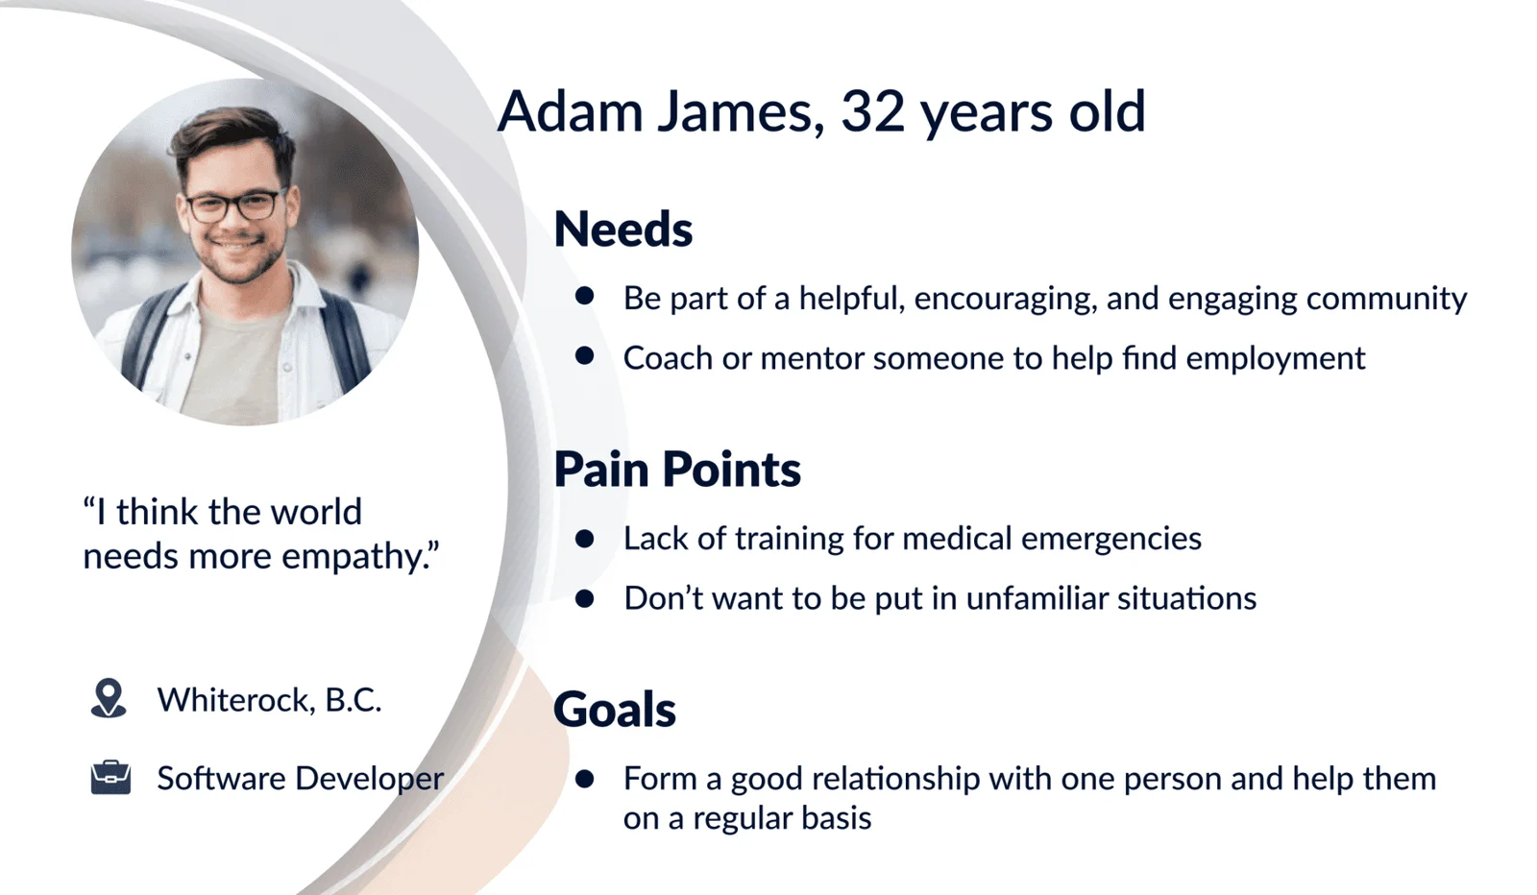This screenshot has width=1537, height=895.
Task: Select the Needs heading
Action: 623,230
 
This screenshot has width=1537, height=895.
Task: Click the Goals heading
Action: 615,709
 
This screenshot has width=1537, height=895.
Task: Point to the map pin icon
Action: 109,698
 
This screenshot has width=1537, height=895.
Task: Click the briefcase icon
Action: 110,778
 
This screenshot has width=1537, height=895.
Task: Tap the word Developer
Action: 370,779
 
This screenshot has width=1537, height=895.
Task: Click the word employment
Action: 1276,359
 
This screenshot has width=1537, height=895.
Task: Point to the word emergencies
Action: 1111,539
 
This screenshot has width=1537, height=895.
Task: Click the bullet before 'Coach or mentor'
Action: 585,356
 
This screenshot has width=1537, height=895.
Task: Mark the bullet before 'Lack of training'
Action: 585,539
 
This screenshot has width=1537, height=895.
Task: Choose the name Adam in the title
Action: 571,111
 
